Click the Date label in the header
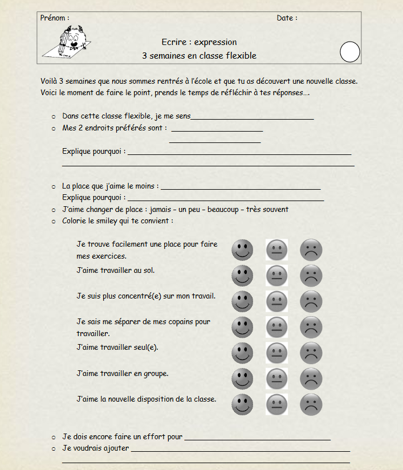286,18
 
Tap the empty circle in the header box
350,52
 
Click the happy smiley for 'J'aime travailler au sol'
242,276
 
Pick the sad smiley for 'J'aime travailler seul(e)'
311,353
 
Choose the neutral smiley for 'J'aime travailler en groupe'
277,378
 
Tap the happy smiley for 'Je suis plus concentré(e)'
242,301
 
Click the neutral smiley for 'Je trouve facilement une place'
277,250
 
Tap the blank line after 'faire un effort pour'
258,439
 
